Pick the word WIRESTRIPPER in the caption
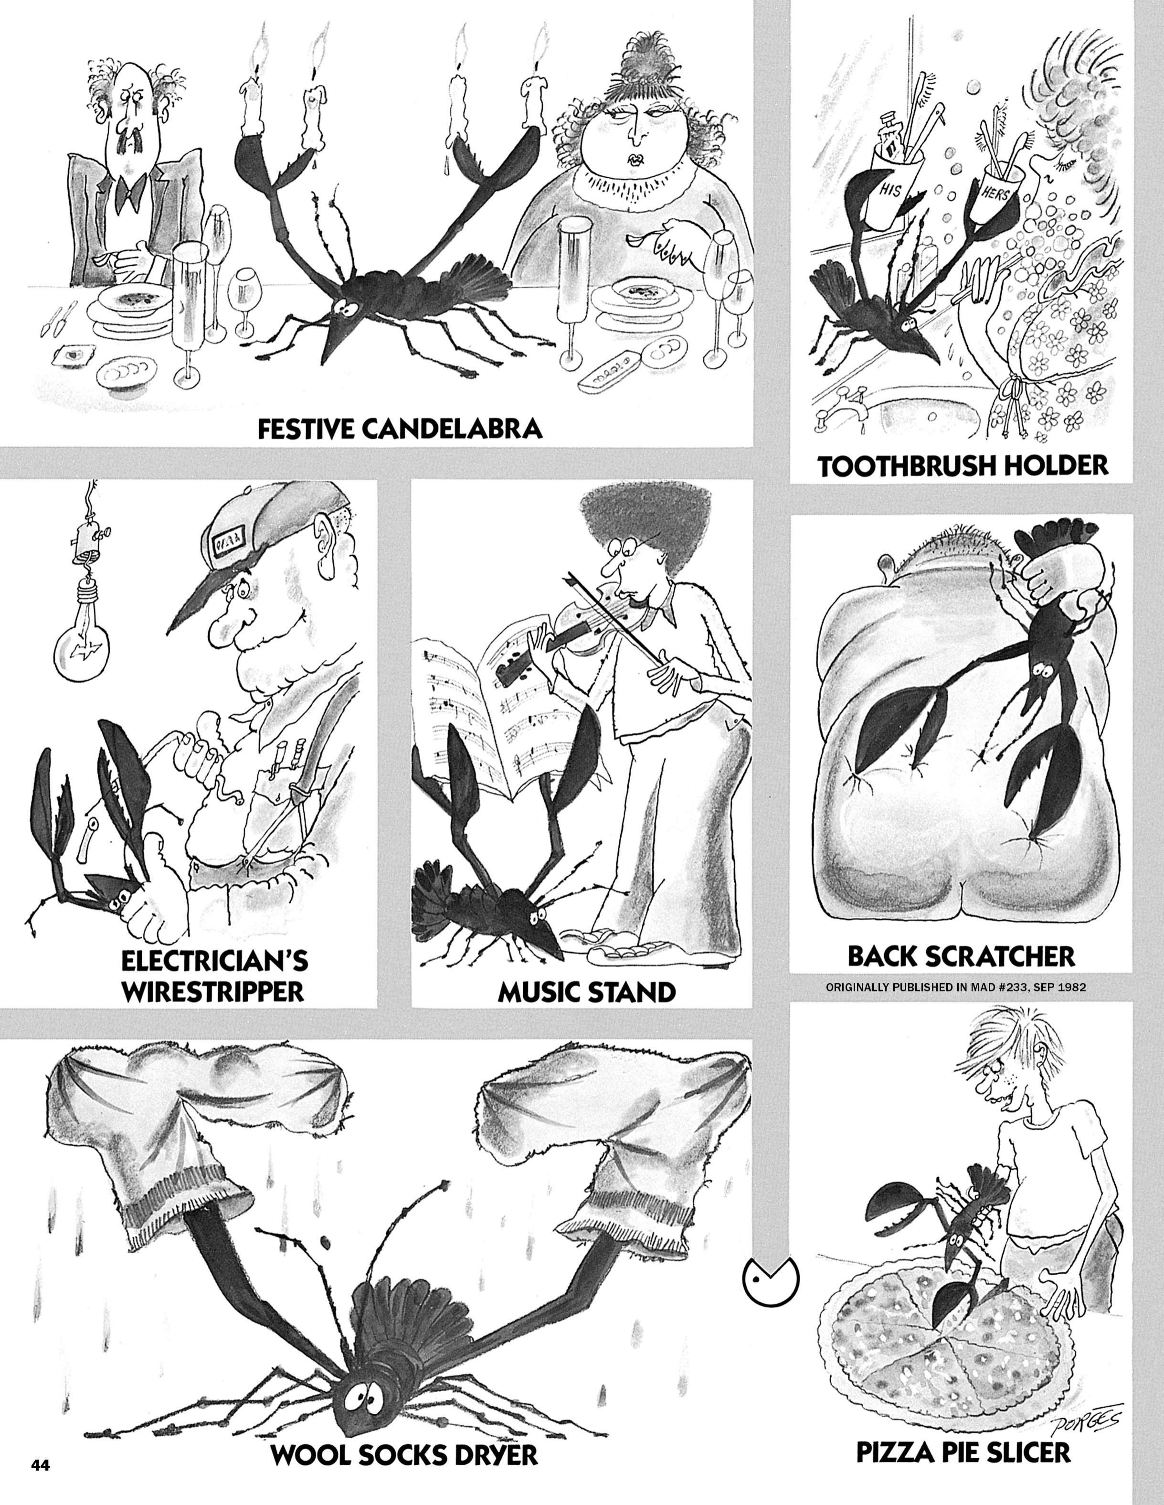point(213,991)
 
